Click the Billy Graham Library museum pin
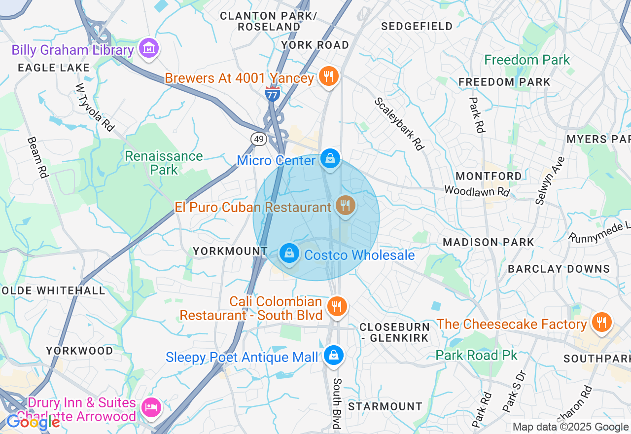point(148,48)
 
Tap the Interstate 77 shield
point(273,93)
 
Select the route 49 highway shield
point(259,139)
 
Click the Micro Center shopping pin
point(330,159)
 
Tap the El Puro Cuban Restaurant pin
point(345,205)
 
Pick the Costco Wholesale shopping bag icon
point(289,253)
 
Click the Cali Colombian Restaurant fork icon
point(337,306)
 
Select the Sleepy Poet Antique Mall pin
point(334,355)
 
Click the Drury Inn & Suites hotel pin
point(150,407)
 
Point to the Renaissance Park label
point(164,163)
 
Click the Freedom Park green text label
point(527,60)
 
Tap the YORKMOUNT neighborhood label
point(230,251)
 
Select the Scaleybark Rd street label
point(399,124)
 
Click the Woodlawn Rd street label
point(476,190)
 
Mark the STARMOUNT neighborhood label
point(385,406)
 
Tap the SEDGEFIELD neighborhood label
point(417,26)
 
